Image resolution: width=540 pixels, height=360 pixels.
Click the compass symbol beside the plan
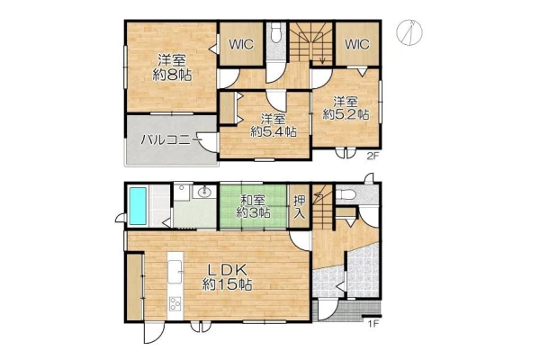tap(409, 32)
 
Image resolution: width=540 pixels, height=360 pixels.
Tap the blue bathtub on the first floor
tap(138, 206)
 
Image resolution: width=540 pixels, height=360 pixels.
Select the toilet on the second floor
tap(276, 32)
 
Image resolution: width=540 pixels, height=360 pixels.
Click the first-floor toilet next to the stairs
tap(346, 195)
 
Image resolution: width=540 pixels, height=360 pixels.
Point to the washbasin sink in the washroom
tap(204, 191)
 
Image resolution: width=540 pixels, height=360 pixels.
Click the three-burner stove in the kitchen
tap(175, 303)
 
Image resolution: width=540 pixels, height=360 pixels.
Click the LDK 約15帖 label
tap(227, 277)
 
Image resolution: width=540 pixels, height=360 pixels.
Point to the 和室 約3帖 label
tap(253, 206)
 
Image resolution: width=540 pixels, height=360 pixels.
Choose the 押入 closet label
tap(300, 207)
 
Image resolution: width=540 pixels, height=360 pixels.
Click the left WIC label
tap(241, 44)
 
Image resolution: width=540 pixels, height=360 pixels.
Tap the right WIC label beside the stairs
tap(356, 44)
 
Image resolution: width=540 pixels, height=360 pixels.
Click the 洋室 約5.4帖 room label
tap(274, 125)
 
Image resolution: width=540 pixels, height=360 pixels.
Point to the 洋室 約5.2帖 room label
tap(346, 108)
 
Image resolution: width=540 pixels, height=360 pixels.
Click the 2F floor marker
tap(373, 157)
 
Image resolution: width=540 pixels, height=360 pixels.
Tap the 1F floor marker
tap(373, 324)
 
